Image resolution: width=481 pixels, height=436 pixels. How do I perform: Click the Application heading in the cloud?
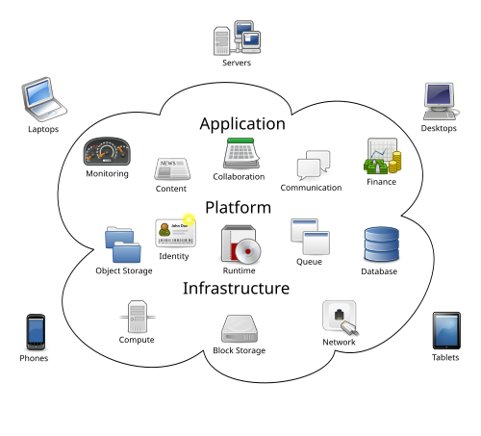point(242,124)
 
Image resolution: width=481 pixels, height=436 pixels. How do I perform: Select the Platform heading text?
point(238,208)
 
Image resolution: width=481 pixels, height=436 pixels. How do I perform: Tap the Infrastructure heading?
point(236,289)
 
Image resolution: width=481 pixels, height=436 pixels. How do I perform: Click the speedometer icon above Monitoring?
point(107,152)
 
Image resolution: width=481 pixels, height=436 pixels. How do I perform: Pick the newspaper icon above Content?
point(171,169)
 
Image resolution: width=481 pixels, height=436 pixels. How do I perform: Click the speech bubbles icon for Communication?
point(313,166)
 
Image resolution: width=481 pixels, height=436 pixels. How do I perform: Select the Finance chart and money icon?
point(381,157)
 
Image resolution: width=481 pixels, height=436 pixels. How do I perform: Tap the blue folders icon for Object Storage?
point(123,244)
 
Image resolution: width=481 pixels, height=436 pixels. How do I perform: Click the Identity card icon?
point(175,232)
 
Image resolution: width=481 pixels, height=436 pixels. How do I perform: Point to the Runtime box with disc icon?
point(240,245)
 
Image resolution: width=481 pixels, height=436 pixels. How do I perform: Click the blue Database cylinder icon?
point(379,245)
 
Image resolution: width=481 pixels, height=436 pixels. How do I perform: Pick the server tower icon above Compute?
point(137,316)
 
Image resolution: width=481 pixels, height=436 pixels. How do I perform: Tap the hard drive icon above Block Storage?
point(239,329)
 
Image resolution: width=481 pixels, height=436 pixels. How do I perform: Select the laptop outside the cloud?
point(43,98)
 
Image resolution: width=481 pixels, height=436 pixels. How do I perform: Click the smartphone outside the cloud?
point(36,332)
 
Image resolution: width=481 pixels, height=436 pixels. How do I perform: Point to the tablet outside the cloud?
point(445,330)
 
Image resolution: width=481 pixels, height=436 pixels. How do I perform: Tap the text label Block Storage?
point(239,351)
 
